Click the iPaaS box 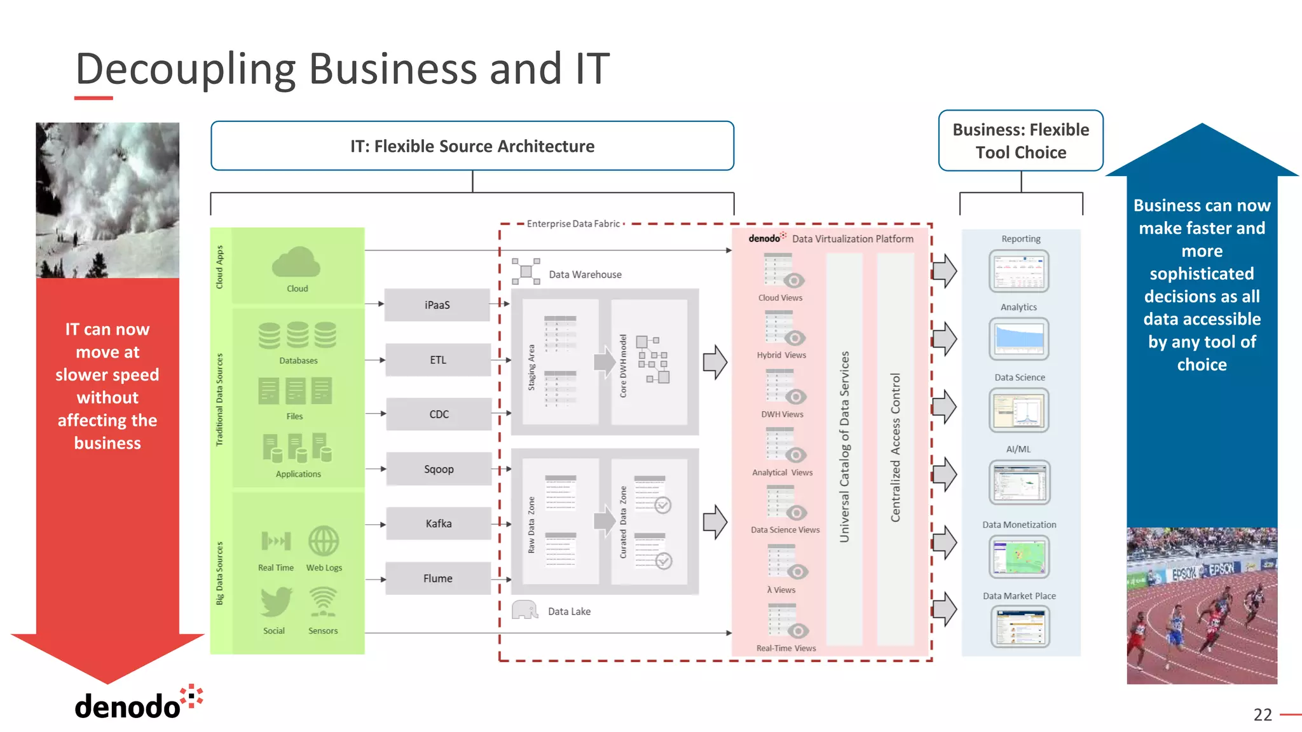tap(437, 305)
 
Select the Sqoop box tap(439, 469)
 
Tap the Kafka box tap(439, 524)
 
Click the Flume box tap(438, 578)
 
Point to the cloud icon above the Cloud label tap(296, 262)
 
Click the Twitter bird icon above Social tap(276, 602)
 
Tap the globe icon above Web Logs tap(324, 541)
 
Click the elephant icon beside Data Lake tap(524, 610)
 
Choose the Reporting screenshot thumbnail tap(1018, 271)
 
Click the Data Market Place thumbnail tap(1020, 627)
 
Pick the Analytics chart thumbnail tap(1018, 339)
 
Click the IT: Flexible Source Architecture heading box tap(472, 146)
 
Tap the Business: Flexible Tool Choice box tap(1020, 141)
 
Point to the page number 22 tap(1263, 715)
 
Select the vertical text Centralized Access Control tap(896, 447)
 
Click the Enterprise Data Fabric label tap(573, 224)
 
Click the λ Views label tap(781, 590)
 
